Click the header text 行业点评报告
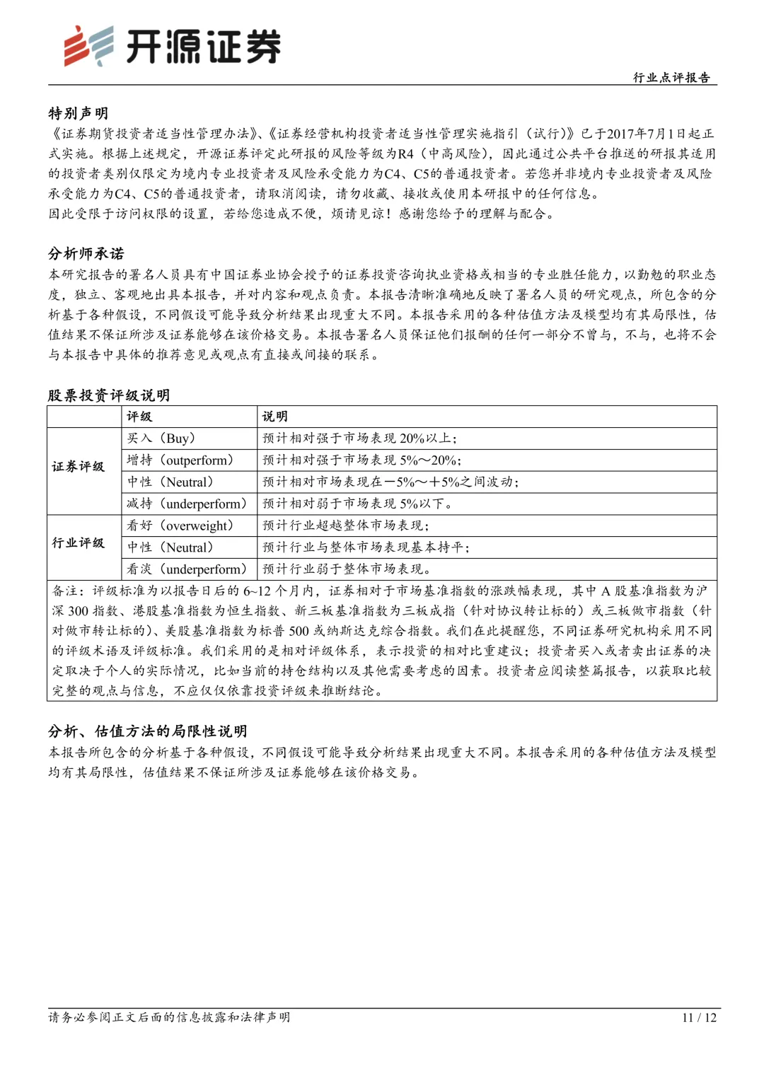[671, 78]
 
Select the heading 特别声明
[78, 113]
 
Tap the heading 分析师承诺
[86, 254]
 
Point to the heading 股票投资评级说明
[108, 395]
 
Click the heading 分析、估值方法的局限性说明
[147, 731]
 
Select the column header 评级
[139, 417]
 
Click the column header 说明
[274, 417]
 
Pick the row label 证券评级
[78, 467]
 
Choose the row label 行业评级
[78, 542]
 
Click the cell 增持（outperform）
[180, 460]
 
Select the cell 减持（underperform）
[187, 504]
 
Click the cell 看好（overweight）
[180, 526]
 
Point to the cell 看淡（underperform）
[187, 569]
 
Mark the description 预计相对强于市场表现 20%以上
[359, 439]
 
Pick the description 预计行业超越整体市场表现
[345, 526]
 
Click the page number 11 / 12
[699, 1018]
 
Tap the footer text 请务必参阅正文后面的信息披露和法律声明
[169, 1018]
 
